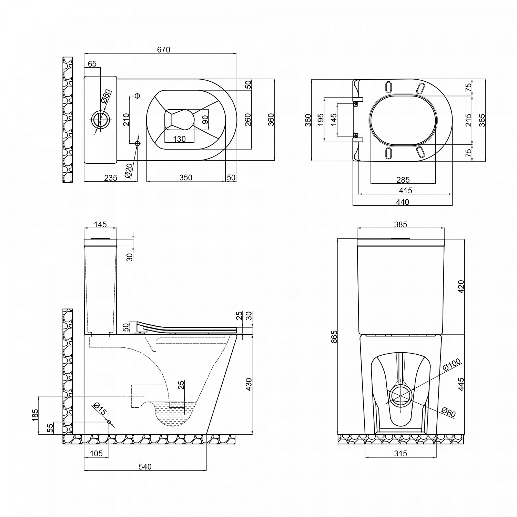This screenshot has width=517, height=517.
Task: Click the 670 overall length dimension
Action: [164, 50]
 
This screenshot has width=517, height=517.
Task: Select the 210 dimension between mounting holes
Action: [126, 120]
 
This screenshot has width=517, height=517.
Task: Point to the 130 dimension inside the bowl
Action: [179, 139]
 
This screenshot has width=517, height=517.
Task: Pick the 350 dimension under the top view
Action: [186, 178]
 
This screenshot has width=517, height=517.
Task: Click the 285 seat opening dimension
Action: [403, 180]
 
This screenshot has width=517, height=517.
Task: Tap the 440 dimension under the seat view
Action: [402, 202]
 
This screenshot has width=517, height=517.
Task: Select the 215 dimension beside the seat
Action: [469, 120]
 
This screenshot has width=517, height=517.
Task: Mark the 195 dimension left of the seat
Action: [321, 120]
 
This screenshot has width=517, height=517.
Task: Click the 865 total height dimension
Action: [334, 337]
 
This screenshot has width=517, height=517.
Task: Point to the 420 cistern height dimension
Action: [461, 287]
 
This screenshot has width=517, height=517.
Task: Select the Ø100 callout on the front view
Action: [452, 365]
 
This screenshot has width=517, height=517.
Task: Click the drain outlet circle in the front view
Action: [401, 396]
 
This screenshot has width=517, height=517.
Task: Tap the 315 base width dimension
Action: [401, 454]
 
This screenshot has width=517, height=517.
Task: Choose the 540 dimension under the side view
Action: [145, 467]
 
